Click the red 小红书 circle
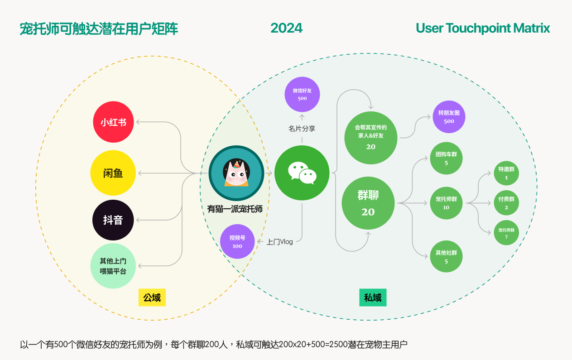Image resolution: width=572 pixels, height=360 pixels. (x=113, y=122)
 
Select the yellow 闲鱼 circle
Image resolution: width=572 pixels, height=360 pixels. (x=113, y=173)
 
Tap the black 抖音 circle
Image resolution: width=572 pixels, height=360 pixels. (x=113, y=220)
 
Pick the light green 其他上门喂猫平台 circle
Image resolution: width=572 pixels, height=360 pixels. (x=113, y=266)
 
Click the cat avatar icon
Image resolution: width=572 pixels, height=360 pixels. (x=236, y=173)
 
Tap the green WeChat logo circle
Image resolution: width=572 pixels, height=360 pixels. (x=302, y=173)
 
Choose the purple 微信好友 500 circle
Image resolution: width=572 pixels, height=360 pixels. (x=302, y=94)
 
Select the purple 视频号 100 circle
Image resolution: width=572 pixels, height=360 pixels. (x=237, y=241)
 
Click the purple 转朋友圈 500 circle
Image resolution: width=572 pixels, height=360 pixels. (x=449, y=117)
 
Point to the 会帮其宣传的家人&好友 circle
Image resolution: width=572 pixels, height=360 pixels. (x=370, y=137)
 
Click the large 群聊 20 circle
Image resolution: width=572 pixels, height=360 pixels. (x=368, y=203)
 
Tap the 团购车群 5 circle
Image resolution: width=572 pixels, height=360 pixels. (x=446, y=158)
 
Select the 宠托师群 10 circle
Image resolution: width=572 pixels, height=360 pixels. (x=446, y=203)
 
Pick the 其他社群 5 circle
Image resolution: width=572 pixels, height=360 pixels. (x=446, y=256)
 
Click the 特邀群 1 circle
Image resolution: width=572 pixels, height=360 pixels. (x=506, y=173)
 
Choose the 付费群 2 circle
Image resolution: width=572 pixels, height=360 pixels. (x=506, y=203)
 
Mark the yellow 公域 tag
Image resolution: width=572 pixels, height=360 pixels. (x=152, y=298)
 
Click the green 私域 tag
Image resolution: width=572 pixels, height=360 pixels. (x=373, y=298)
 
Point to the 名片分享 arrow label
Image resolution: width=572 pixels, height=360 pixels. (x=302, y=129)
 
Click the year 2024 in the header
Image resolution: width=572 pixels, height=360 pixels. (x=286, y=28)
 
